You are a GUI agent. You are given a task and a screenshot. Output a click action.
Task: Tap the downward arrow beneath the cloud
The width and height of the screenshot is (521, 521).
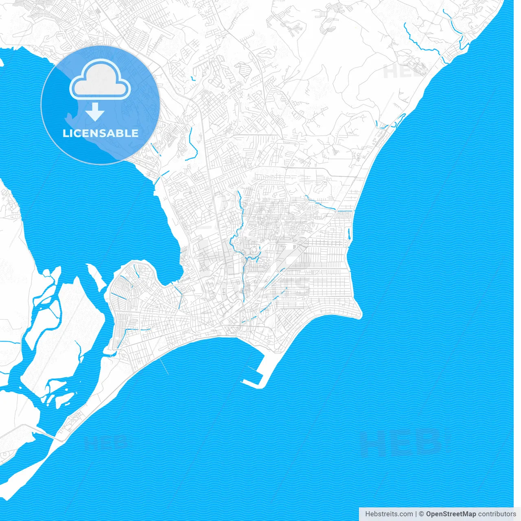[x=95, y=112]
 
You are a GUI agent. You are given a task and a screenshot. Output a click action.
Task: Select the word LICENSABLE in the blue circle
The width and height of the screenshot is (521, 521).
[x=101, y=133]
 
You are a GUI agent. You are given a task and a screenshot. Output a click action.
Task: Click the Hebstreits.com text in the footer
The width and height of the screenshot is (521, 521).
[x=389, y=514]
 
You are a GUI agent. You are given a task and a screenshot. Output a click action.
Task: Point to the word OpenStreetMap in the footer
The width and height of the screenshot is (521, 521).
[x=451, y=514]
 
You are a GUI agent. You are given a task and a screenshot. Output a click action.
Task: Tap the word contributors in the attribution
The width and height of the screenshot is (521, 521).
[x=497, y=514]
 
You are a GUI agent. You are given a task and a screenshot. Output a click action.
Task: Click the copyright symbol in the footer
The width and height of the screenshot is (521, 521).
[x=422, y=514]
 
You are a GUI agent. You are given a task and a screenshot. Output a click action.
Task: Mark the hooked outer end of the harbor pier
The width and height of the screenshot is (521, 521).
[x=246, y=382]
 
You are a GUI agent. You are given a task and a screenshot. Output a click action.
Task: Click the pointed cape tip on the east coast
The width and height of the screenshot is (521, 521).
[x=360, y=315]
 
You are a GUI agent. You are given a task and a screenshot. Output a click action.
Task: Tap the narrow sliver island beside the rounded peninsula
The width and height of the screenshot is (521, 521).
[x=96, y=277]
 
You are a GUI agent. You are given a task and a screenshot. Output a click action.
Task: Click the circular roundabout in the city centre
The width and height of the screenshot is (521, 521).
[x=254, y=250]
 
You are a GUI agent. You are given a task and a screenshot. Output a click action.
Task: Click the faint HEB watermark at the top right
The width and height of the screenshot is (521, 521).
[x=403, y=72]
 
